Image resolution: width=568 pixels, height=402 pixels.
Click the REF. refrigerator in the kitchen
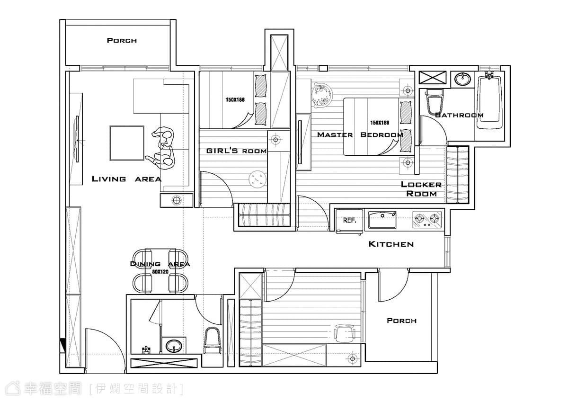click(349, 220)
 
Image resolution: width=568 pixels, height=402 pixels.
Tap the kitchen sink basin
click(382, 220)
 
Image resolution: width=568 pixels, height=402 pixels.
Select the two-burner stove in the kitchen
click(427, 220)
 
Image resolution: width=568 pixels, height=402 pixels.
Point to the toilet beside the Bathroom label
click(435, 102)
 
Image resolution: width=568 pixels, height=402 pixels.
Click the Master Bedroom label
click(360, 134)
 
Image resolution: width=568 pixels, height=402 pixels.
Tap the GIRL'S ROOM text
click(236, 151)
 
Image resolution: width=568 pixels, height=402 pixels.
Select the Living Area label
click(126, 179)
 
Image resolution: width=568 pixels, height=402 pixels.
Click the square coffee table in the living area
click(127, 143)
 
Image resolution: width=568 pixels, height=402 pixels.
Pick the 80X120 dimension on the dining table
click(160, 272)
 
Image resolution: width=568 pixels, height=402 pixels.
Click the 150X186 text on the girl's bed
click(235, 100)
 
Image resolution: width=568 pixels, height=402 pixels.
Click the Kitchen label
click(391, 244)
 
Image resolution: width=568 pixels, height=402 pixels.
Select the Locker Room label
click(421, 189)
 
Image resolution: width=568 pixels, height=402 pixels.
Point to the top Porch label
click(122, 41)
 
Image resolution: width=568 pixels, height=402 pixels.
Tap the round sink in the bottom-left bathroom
click(174, 346)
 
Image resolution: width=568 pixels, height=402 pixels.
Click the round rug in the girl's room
click(257, 179)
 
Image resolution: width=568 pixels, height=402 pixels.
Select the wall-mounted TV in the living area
click(76, 139)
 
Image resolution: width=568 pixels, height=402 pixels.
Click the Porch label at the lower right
click(402, 321)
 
